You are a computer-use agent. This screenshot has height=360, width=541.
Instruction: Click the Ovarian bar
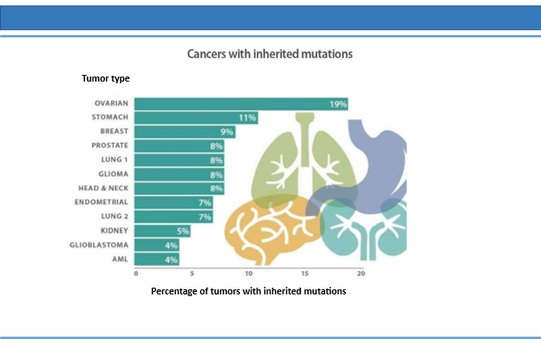click(x=241, y=103)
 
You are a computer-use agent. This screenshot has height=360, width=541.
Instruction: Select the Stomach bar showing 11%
click(x=196, y=118)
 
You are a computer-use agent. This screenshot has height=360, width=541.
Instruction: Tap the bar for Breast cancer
click(x=185, y=132)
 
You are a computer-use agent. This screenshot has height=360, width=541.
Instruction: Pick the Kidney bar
click(x=162, y=231)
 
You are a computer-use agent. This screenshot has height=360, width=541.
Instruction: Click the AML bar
click(x=156, y=259)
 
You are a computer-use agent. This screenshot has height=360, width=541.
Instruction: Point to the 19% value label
click(x=337, y=104)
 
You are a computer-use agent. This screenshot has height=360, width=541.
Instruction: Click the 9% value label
click(x=226, y=132)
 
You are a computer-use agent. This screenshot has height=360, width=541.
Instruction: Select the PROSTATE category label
click(x=109, y=146)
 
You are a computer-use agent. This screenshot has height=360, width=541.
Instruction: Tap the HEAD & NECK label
click(x=103, y=188)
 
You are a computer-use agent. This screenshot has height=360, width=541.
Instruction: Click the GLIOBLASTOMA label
click(x=98, y=245)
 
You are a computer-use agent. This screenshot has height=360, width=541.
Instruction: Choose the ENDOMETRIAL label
click(x=101, y=202)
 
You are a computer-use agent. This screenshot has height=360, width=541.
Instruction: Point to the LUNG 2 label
click(x=114, y=216)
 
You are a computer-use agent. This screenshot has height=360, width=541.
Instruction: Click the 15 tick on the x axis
click(x=305, y=273)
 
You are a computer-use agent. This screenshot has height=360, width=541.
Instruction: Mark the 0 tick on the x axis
click(x=136, y=273)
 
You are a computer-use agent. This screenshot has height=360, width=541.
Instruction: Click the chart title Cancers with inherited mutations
click(x=270, y=54)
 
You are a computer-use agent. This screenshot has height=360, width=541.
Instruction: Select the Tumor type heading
click(x=105, y=78)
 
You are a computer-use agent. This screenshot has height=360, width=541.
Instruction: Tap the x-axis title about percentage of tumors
click(x=248, y=291)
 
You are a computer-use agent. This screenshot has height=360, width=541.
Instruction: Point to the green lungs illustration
click(x=304, y=162)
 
